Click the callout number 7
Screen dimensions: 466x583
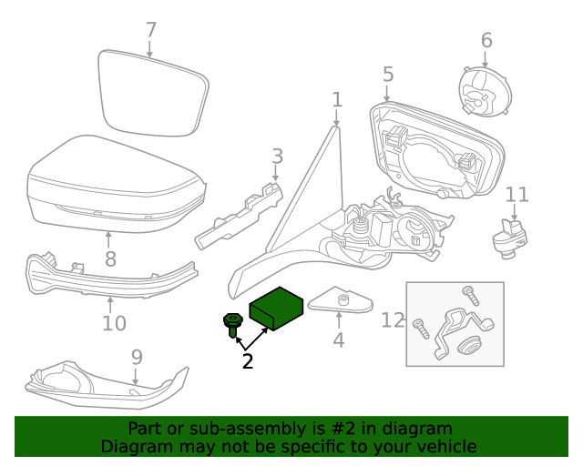(151, 30)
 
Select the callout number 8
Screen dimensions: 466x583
(109, 258)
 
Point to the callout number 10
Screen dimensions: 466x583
(114, 322)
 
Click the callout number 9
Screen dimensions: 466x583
(137, 357)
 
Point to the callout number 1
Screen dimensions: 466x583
(336, 99)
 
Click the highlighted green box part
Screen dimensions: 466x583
(277, 308)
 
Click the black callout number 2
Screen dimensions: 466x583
(247, 360)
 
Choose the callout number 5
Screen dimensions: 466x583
(387, 75)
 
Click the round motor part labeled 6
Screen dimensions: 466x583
(484, 88)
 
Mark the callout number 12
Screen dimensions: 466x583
(392, 320)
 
